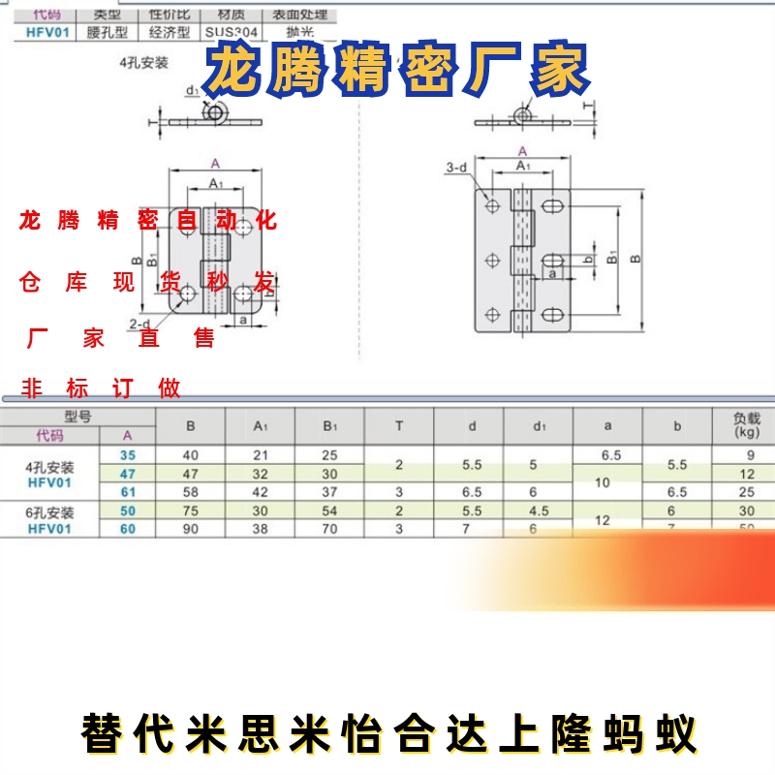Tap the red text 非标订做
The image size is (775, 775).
[102, 389]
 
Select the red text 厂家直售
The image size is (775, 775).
[121, 339]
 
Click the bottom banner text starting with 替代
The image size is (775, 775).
[387, 734]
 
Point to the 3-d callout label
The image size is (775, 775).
[455, 169]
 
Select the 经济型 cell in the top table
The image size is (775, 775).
[170, 31]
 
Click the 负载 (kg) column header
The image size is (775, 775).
[746, 425]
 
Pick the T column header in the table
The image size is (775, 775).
[399, 425]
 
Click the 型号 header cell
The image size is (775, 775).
[77, 416]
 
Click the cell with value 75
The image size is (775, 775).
[190, 511]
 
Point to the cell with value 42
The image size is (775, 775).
[260, 492]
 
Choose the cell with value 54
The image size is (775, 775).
[329, 511]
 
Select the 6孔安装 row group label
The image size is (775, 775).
[50, 511]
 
